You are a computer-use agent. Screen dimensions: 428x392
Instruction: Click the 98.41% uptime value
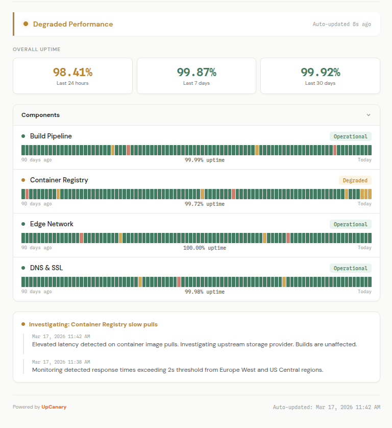[x=72, y=72]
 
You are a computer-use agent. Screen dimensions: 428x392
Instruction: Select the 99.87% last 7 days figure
[x=197, y=72]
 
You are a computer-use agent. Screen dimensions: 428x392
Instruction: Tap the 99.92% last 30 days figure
[x=320, y=72]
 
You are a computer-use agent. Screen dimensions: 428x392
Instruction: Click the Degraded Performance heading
[x=73, y=24]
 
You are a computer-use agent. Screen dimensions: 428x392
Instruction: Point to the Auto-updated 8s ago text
[x=342, y=24]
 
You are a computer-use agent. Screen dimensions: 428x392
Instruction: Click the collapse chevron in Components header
[x=369, y=115]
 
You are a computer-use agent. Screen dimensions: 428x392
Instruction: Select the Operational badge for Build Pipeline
[x=350, y=136]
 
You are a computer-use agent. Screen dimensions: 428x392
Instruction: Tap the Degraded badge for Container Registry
[x=355, y=180]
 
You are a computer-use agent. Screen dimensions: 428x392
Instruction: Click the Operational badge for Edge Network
[x=350, y=224]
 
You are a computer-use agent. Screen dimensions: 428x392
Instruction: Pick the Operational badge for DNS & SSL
[x=350, y=268]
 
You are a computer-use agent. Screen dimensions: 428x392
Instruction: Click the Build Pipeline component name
[x=51, y=136]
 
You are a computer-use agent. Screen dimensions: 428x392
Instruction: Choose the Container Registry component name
[x=59, y=180]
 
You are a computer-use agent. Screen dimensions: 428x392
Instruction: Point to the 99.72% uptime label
[x=204, y=204]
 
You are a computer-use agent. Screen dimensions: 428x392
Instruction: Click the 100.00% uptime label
[x=204, y=248]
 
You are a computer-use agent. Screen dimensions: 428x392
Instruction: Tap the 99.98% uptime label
[x=204, y=292]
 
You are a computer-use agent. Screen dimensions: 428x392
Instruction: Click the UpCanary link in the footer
[x=54, y=407]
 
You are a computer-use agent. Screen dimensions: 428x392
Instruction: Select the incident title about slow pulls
[x=93, y=324]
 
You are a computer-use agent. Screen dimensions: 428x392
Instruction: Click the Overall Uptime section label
[x=36, y=49]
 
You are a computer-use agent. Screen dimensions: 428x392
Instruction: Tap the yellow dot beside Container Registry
[x=23, y=180]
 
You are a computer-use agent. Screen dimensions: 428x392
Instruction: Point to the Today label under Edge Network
[x=364, y=248]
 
